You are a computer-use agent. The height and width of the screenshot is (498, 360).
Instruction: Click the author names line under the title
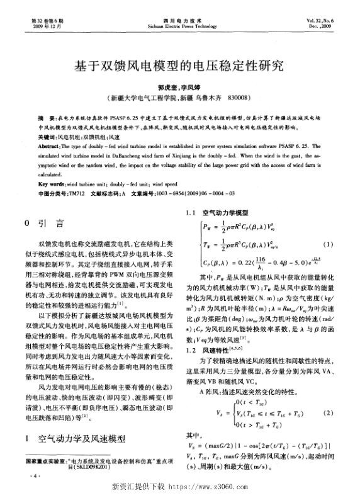tap(179, 88)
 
